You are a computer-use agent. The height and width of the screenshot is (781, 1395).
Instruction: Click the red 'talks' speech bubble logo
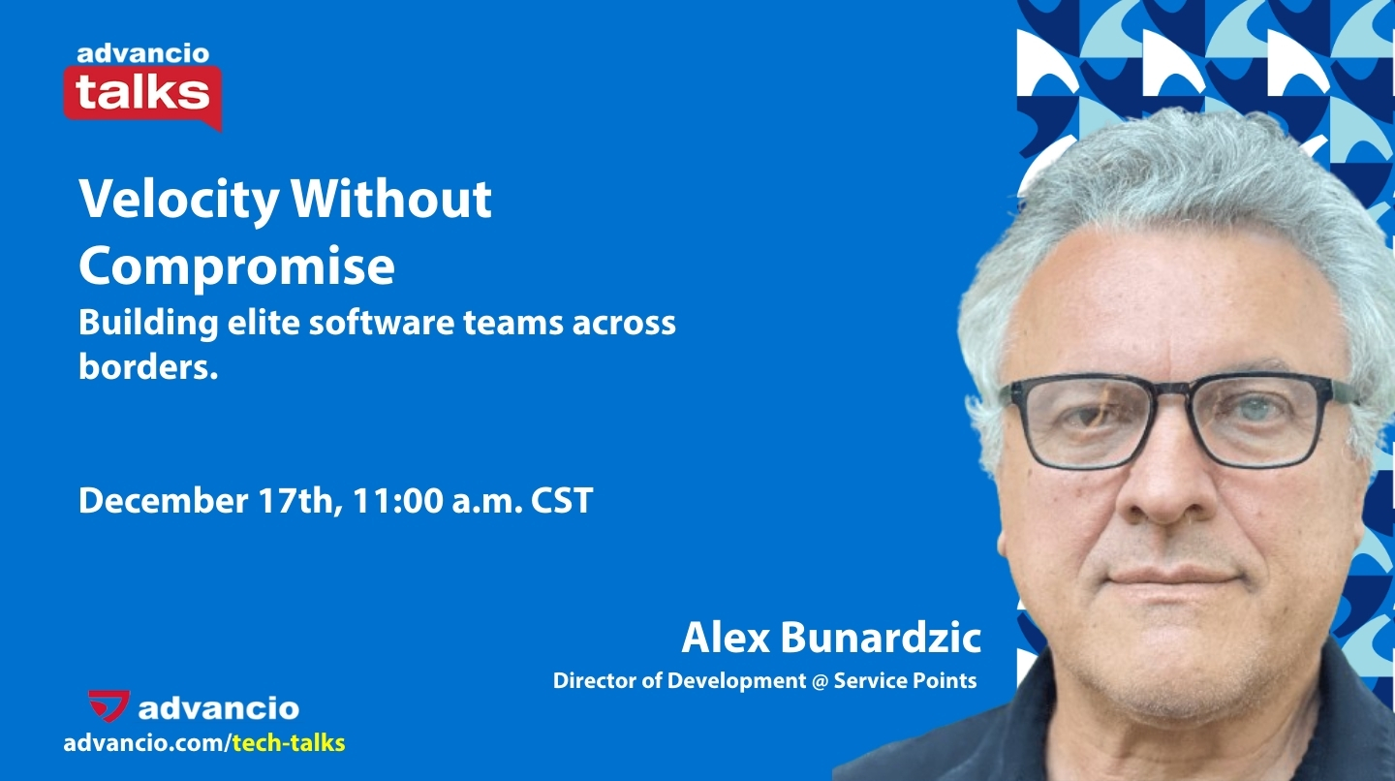142,95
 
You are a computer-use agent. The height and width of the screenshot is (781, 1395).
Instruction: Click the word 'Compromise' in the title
236,266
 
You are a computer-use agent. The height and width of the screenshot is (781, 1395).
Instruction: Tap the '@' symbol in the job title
820,680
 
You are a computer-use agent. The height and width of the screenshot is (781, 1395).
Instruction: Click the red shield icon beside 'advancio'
108,706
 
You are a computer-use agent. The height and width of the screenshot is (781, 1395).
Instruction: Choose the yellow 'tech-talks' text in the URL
289,744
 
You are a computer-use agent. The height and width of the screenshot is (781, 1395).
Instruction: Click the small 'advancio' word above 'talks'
142,53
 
